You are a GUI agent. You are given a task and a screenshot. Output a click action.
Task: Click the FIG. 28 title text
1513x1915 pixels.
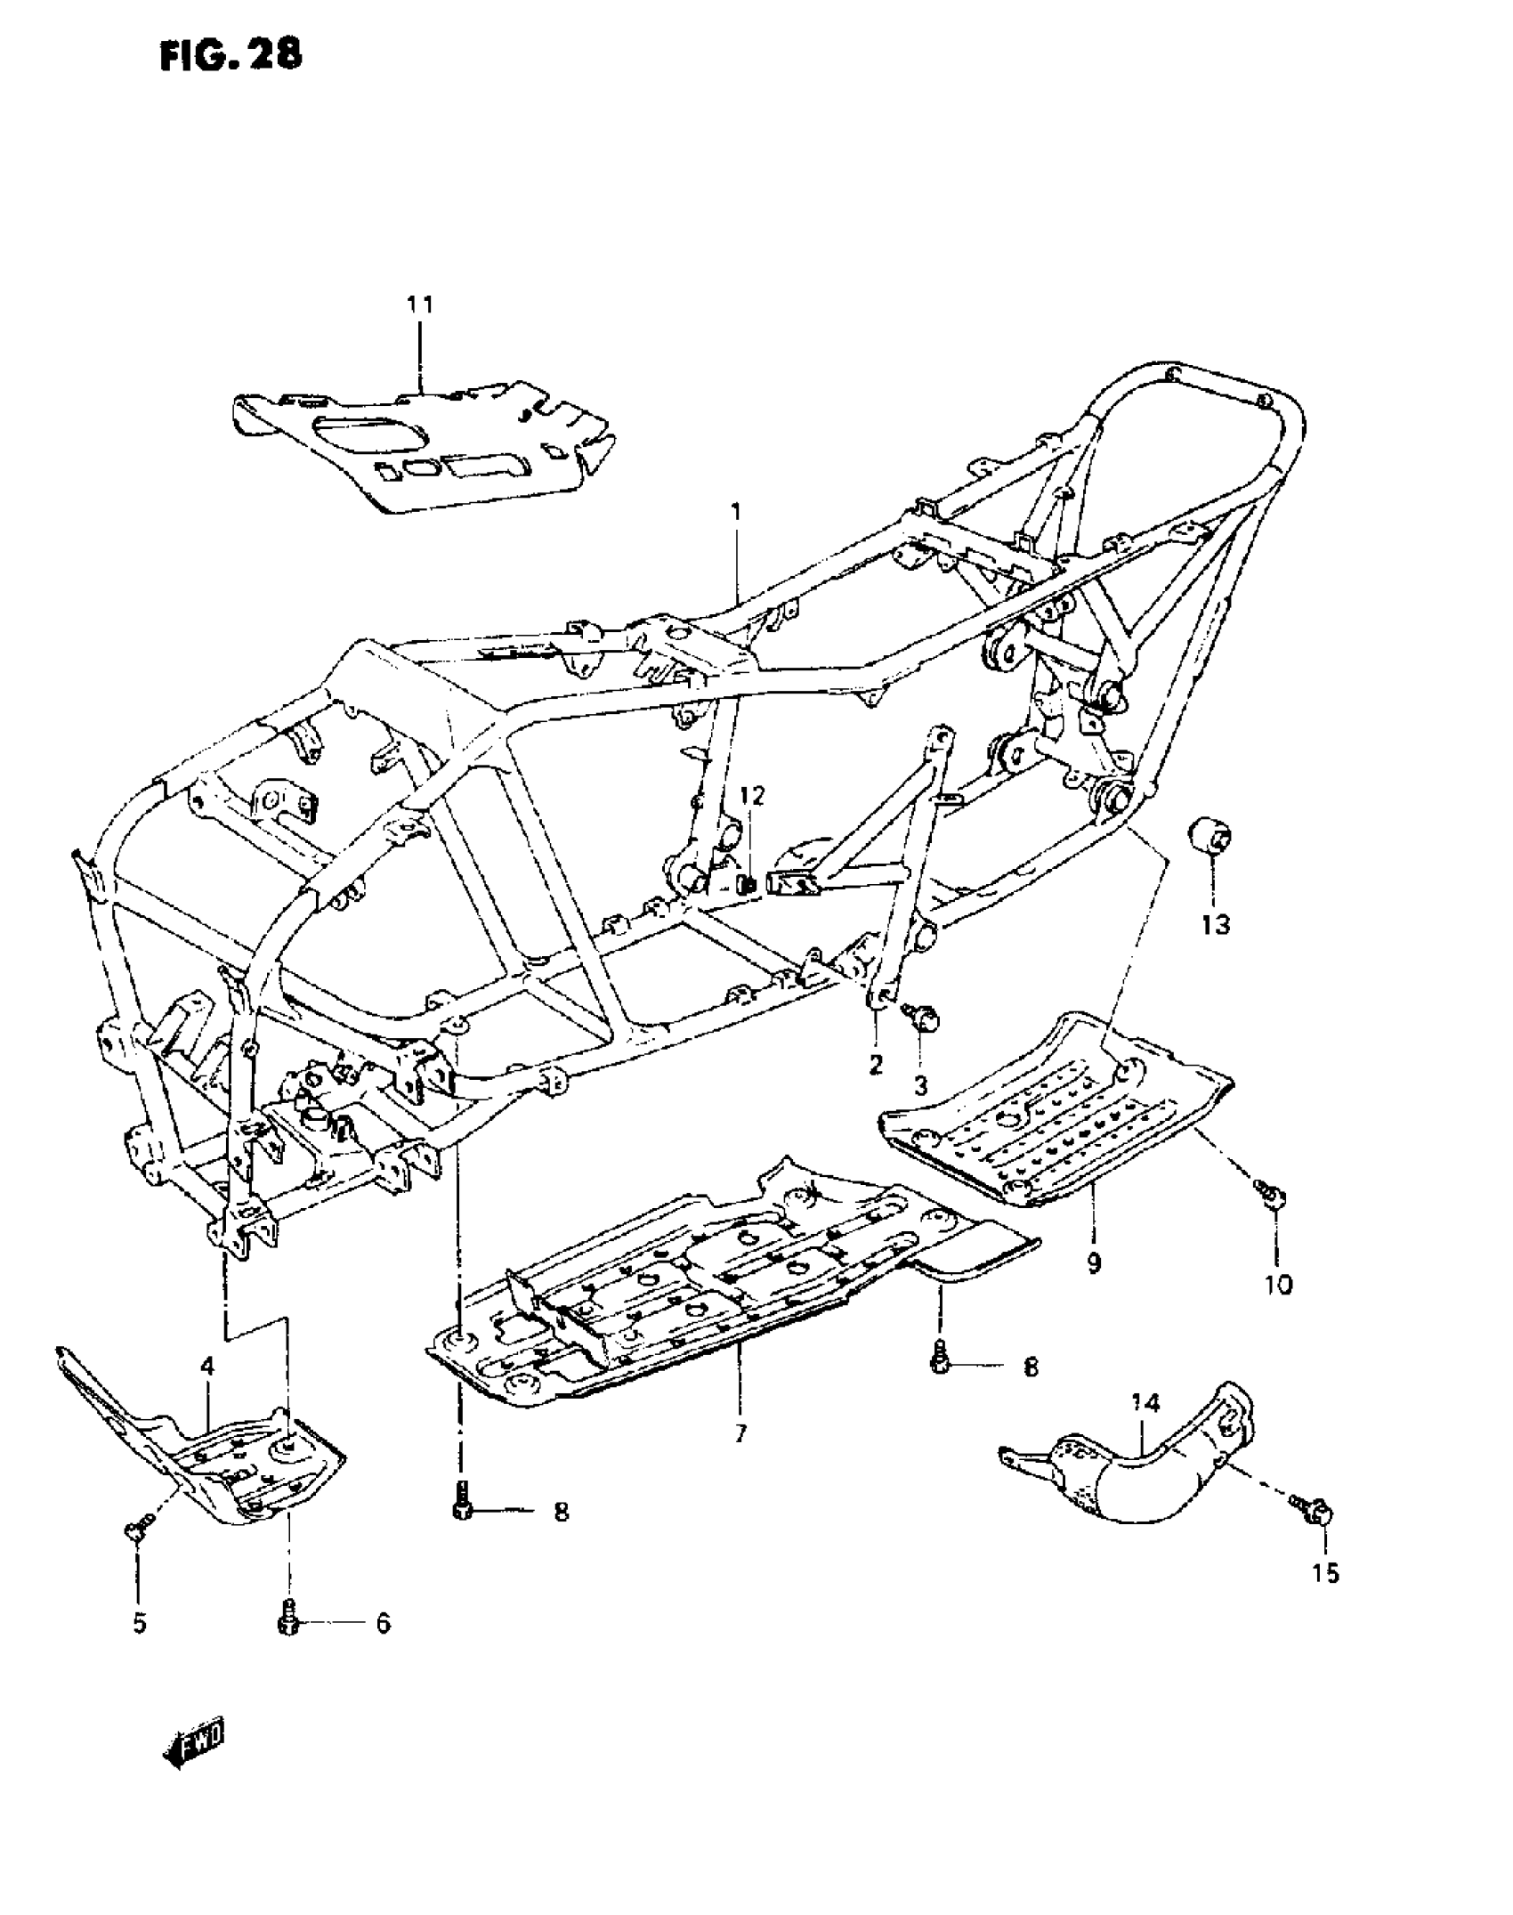point(231,55)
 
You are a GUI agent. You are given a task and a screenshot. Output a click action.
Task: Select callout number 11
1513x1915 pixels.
point(420,305)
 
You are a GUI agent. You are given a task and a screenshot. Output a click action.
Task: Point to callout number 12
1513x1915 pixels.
point(752,795)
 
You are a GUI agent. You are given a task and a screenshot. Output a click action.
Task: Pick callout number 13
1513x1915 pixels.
point(1216,925)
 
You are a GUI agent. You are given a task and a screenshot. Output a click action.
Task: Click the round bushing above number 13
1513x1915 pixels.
point(1211,837)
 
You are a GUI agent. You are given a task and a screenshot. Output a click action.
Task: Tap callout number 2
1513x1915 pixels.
point(876,1064)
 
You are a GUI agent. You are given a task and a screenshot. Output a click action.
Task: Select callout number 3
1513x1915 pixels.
point(920,1085)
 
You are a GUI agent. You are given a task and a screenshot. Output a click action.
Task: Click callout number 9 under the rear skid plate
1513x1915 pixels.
point(1094,1262)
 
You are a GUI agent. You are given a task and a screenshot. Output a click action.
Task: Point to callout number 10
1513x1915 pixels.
point(1278,1286)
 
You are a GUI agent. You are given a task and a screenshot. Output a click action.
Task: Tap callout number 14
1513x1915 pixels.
point(1146,1405)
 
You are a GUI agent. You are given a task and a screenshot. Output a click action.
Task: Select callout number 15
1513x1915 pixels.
point(1325,1574)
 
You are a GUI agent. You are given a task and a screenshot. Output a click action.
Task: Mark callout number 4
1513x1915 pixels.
point(206,1366)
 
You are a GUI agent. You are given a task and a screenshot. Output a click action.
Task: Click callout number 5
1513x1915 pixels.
point(140,1624)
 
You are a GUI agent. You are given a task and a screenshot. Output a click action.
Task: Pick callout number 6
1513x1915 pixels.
point(383,1624)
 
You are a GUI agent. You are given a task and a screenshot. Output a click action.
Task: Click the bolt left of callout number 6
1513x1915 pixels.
point(287,1622)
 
